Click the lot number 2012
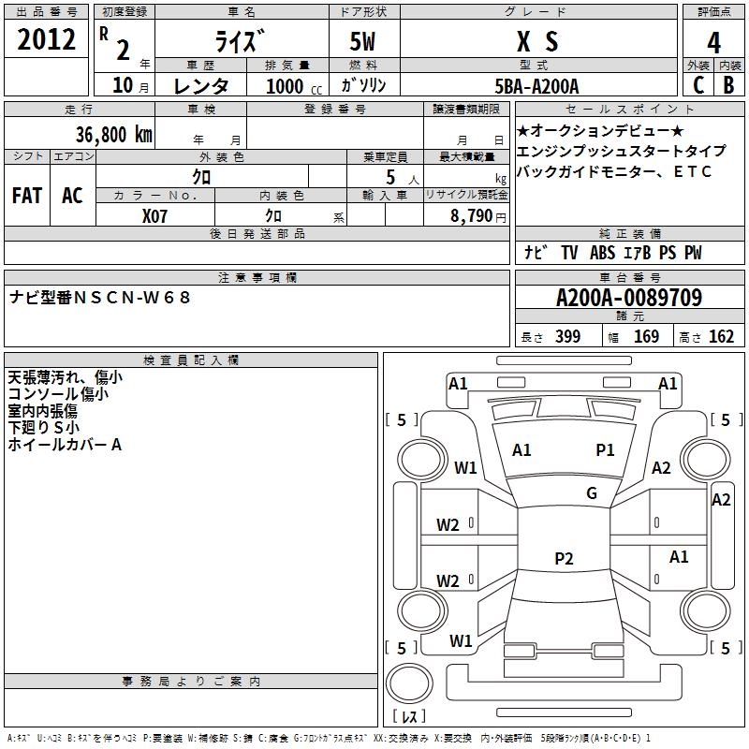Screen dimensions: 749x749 coord(47,40)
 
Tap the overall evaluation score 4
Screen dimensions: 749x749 coord(713,42)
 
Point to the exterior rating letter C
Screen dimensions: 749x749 coord(698,85)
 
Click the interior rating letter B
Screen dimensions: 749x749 coord(728,85)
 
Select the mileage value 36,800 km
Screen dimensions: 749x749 coord(112,135)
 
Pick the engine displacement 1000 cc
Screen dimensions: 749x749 coord(291,86)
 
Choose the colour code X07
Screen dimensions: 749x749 coord(155,214)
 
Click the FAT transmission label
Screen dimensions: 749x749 coord(27,196)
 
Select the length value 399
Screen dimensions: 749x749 coord(567,337)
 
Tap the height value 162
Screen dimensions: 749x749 coord(721,337)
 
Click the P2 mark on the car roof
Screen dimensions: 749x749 coord(564,559)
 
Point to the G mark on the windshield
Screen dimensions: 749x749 coord(592,493)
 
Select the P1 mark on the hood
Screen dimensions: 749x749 coord(605,450)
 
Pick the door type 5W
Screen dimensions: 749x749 coord(364,41)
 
